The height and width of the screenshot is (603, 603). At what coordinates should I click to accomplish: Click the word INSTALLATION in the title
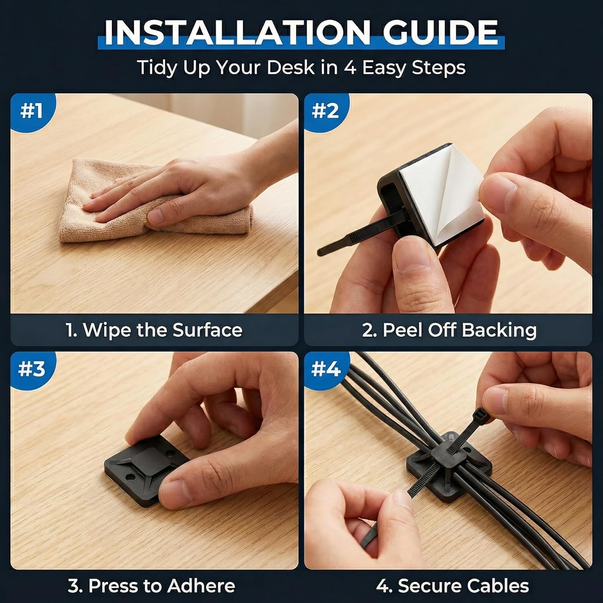point(237,32)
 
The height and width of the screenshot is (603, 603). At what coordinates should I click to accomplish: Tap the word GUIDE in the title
point(440,32)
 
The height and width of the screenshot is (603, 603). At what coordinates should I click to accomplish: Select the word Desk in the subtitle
point(290,67)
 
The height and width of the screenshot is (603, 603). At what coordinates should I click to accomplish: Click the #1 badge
point(32,111)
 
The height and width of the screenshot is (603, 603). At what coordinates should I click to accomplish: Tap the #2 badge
point(326,111)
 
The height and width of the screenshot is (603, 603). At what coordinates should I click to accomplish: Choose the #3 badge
point(32,369)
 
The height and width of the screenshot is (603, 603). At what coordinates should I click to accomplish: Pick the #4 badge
point(326,369)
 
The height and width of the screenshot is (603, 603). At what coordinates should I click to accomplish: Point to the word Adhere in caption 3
point(201,586)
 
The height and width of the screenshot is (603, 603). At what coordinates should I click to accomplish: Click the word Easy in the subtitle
point(384,68)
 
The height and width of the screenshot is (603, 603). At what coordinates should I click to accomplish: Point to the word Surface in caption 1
point(207,330)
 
